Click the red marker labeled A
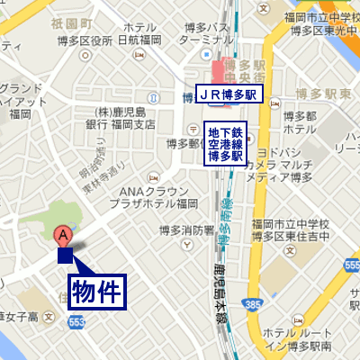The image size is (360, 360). click(x=64, y=236)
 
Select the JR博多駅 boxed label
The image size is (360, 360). click(x=230, y=94)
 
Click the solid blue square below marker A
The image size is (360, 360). click(x=65, y=256)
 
